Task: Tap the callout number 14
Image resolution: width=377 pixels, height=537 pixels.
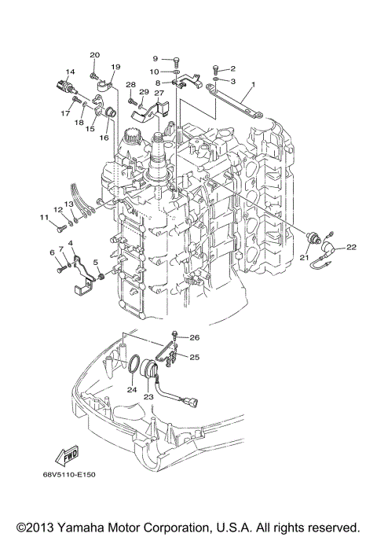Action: pos(70,72)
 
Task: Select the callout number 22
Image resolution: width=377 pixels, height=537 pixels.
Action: pos(351,248)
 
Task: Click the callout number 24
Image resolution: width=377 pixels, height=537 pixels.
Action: pos(132,388)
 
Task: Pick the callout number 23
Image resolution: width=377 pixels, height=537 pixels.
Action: pos(148,397)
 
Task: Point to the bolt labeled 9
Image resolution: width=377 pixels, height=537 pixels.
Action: pos(176,59)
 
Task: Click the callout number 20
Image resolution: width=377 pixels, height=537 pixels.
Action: pos(94,54)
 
